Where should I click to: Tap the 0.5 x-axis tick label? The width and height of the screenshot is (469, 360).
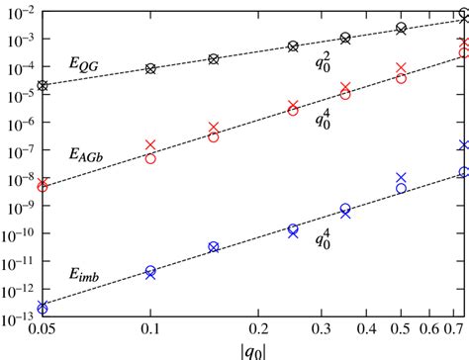click(400, 327)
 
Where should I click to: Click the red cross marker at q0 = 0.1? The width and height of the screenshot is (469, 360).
click(150, 145)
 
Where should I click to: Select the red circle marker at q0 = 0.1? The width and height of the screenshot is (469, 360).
click(150, 157)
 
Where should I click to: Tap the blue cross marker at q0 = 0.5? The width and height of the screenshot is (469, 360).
click(401, 178)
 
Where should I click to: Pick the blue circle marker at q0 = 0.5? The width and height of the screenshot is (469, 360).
click(401, 188)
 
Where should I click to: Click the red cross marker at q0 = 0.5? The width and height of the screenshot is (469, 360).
click(401, 68)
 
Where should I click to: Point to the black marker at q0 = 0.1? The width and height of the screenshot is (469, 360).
click(150, 68)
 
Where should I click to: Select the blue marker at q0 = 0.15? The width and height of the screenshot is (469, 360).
click(214, 246)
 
